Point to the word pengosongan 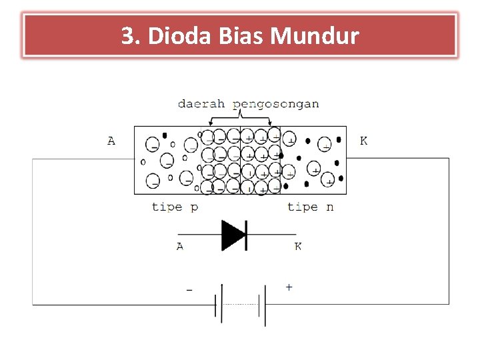(276, 104)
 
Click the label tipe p (175, 207)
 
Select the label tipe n (310, 207)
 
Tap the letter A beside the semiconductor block (111, 141)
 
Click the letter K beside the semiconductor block (363, 141)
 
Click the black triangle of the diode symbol (233, 235)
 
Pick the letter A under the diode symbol (180, 247)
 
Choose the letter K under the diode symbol (297, 247)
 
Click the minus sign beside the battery (189, 291)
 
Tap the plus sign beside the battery (288, 287)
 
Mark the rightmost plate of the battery (265, 305)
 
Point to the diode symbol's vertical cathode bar (247, 235)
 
